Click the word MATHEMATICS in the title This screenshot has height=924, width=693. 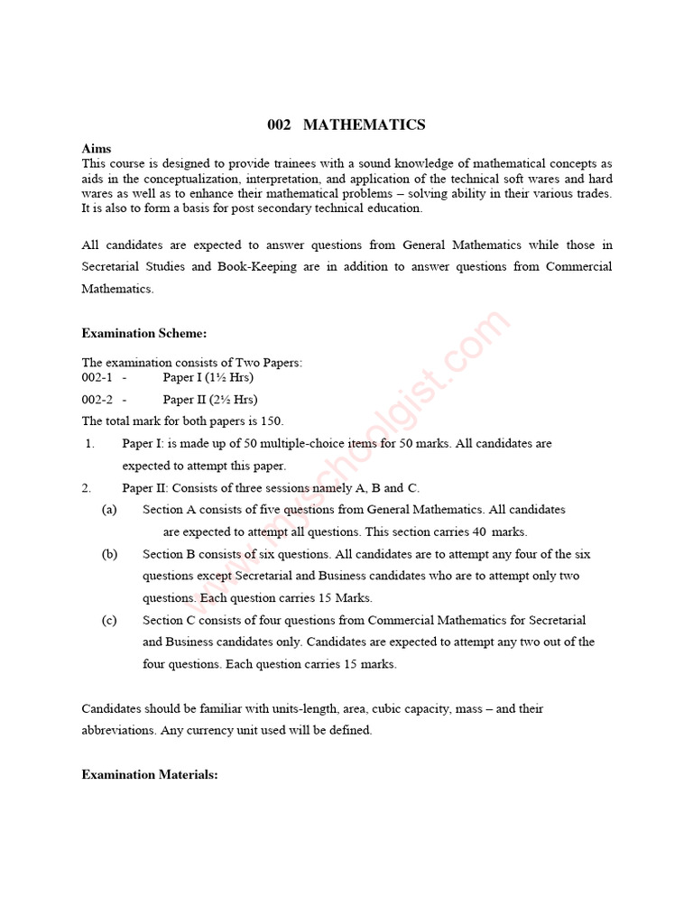(365, 125)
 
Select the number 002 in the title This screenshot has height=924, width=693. (280, 125)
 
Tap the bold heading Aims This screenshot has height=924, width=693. (97, 149)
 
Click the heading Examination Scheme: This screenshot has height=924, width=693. (144, 333)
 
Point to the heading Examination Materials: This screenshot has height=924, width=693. (150, 774)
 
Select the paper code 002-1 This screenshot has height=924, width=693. (97, 377)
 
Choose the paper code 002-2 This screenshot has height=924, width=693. (97, 399)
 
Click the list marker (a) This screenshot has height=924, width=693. (109, 510)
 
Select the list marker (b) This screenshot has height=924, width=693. (109, 554)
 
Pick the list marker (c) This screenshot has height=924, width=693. (109, 620)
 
